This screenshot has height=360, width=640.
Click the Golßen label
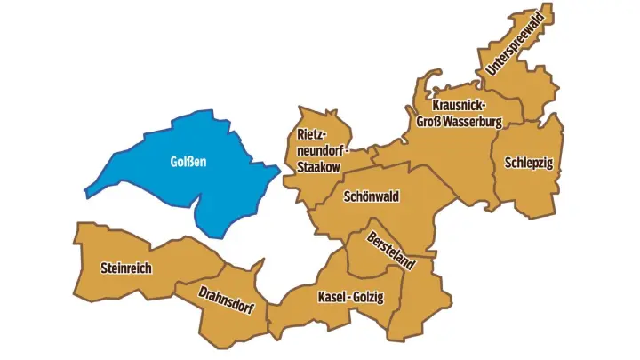pyautogui.click(x=188, y=162)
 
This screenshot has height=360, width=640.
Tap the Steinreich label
pyautogui.click(x=126, y=268)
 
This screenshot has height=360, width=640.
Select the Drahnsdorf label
pyautogui.click(x=227, y=301)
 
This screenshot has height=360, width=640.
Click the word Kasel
pyautogui.click(x=332, y=297)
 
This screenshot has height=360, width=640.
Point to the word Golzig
pyautogui.click(x=368, y=297)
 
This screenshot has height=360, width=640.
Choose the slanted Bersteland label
pyautogui.click(x=391, y=252)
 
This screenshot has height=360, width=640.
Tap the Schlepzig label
pyautogui.click(x=528, y=163)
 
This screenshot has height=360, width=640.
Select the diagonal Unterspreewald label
pyautogui.click(x=515, y=44)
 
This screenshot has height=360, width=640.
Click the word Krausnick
pyautogui.click(x=459, y=106)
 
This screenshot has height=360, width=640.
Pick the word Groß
pyautogui.click(x=430, y=121)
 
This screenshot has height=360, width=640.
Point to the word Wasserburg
pyautogui.click(x=474, y=121)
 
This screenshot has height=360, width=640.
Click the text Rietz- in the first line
pyautogui.click(x=311, y=134)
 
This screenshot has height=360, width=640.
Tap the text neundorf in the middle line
pyautogui.click(x=319, y=148)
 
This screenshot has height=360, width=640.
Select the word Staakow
pyautogui.click(x=319, y=164)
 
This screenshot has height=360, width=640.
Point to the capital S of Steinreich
pyautogui.click(x=105, y=268)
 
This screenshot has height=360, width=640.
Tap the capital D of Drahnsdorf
pyautogui.click(x=204, y=292)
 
